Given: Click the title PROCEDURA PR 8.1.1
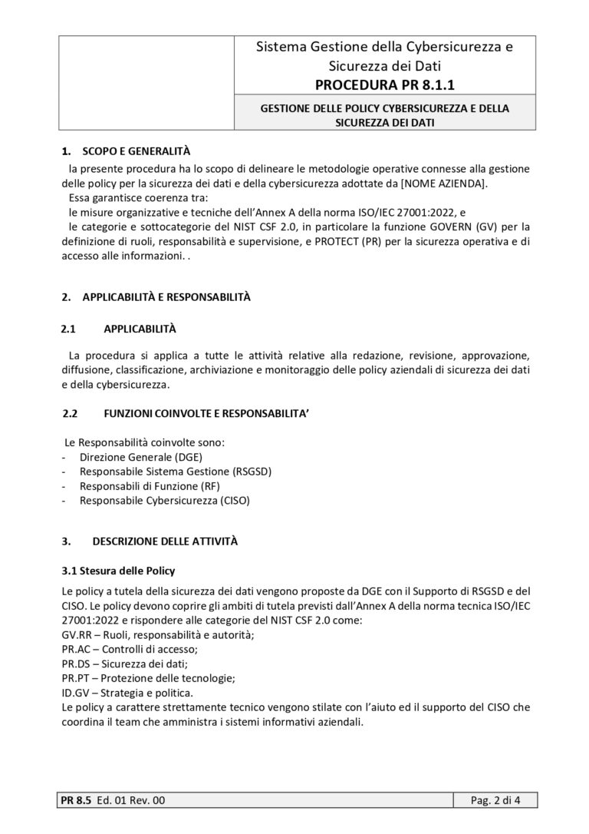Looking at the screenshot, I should (x=384, y=84).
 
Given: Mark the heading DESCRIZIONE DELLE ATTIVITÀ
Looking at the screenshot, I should (x=165, y=541).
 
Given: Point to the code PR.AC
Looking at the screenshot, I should (x=76, y=649).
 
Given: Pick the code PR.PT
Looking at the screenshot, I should (x=75, y=678).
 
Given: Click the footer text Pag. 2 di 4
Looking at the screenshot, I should (x=495, y=802).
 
